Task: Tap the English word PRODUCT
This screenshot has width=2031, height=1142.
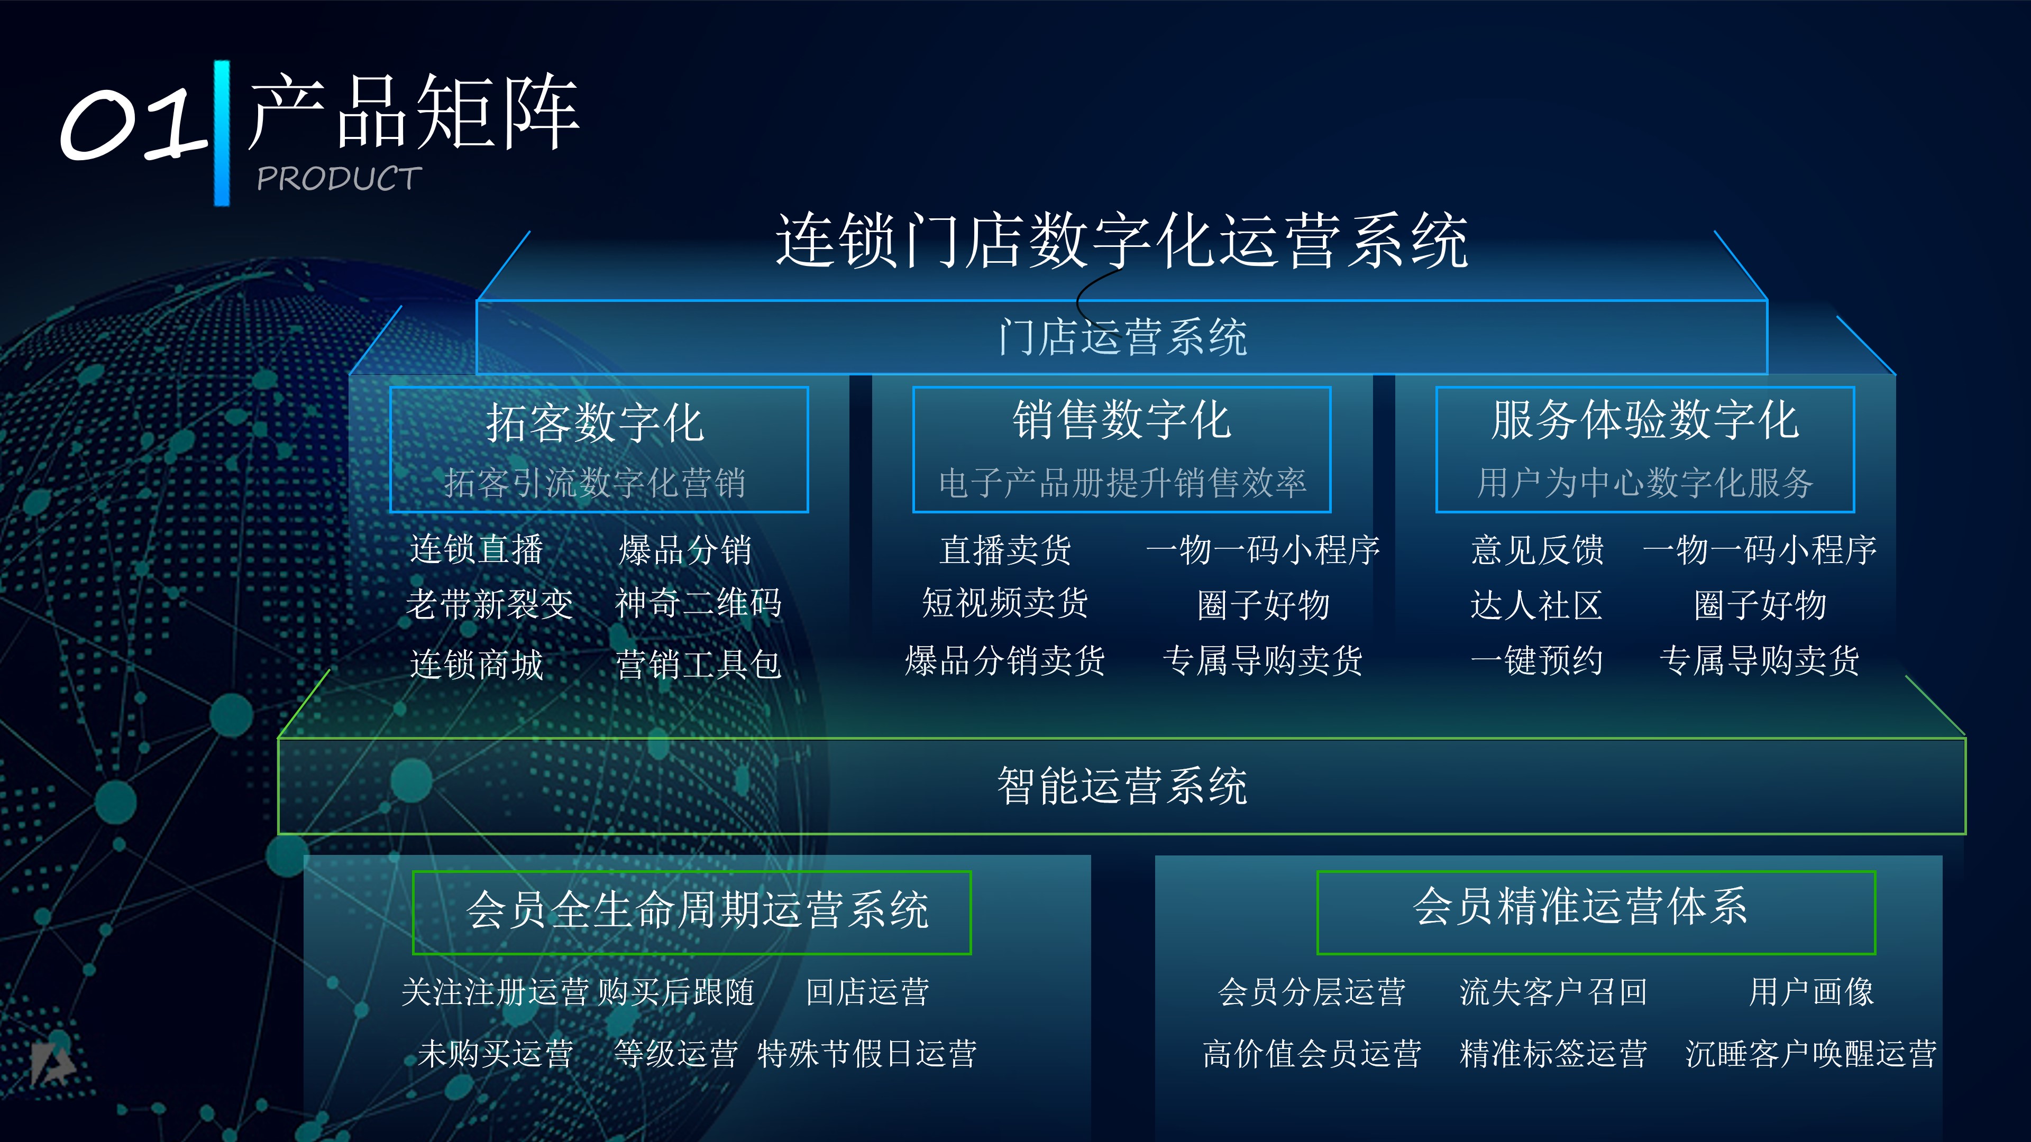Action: pos(339,179)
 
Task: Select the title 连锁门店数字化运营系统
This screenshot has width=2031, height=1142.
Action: pos(1121,241)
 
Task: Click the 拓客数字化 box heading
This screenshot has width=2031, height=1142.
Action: pos(595,422)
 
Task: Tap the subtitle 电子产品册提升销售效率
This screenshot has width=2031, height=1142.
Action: pos(1122,482)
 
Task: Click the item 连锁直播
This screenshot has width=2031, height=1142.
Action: pos(476,549)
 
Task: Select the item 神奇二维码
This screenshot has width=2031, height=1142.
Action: pos(698,604)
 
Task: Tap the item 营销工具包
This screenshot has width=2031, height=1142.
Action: pos(698,664)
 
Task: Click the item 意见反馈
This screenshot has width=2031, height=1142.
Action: pos(1536,549)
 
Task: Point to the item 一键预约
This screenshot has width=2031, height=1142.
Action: pos(1536,660)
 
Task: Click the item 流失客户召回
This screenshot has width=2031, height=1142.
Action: pos(1553,991)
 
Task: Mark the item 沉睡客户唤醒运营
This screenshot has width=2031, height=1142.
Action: pos(1811,1054)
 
